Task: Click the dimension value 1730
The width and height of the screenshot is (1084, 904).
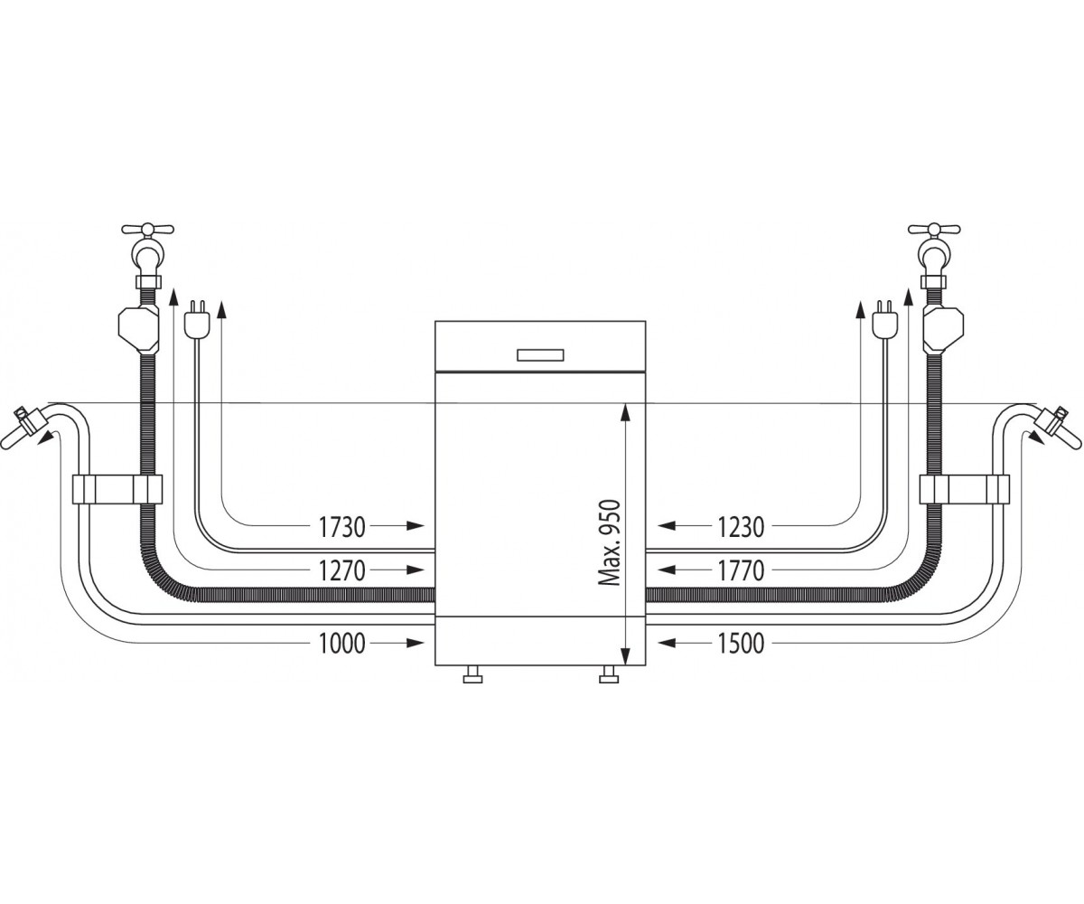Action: point(341,527)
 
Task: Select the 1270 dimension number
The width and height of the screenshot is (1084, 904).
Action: point(341,570)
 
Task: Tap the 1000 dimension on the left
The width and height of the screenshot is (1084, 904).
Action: point(341,644)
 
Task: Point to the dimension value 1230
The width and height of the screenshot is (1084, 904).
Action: point(741,527)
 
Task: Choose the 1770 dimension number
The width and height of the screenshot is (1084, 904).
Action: point(741,570)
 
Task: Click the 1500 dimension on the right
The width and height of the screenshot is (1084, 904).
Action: point(741,644)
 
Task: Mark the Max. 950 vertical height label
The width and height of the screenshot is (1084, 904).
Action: point(609,542)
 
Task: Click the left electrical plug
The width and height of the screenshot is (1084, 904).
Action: point(197,317)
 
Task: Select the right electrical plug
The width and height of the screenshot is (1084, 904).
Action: point(884,317)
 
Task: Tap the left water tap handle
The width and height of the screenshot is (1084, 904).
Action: point(147,229)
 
